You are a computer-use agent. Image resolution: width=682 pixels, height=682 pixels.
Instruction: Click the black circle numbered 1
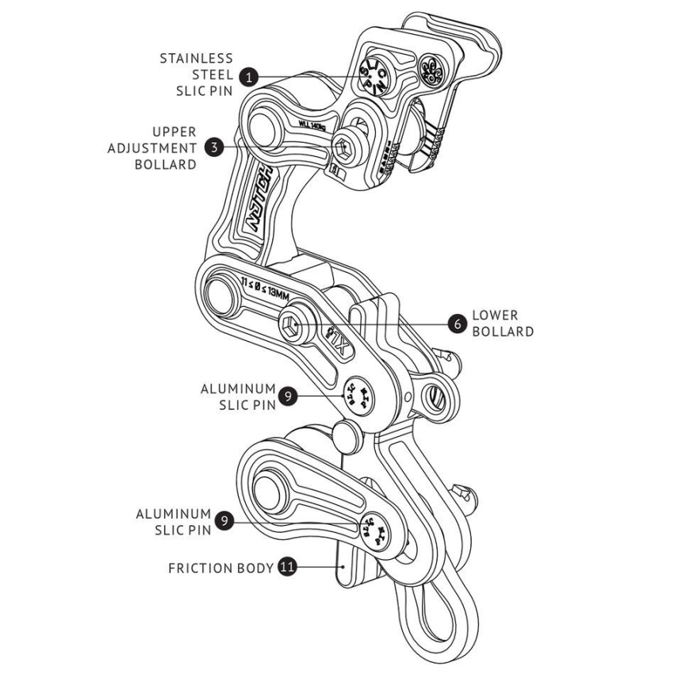pyautogui.click(x=250, y=77)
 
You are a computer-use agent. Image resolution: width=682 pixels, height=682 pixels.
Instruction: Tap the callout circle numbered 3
pyautogui.click(x=212, y=147)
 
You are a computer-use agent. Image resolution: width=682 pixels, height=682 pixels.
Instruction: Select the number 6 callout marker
pyautogui.click(x=456, y=323)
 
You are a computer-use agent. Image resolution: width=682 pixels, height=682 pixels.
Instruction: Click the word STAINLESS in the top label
pyautogui.click(x=197, y=59)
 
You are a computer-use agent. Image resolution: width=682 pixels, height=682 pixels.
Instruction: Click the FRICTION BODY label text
pyautogui.click(x=220, y=569)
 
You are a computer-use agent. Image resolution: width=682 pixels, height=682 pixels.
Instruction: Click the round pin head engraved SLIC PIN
pyautogui.click(x=372, y=71)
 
